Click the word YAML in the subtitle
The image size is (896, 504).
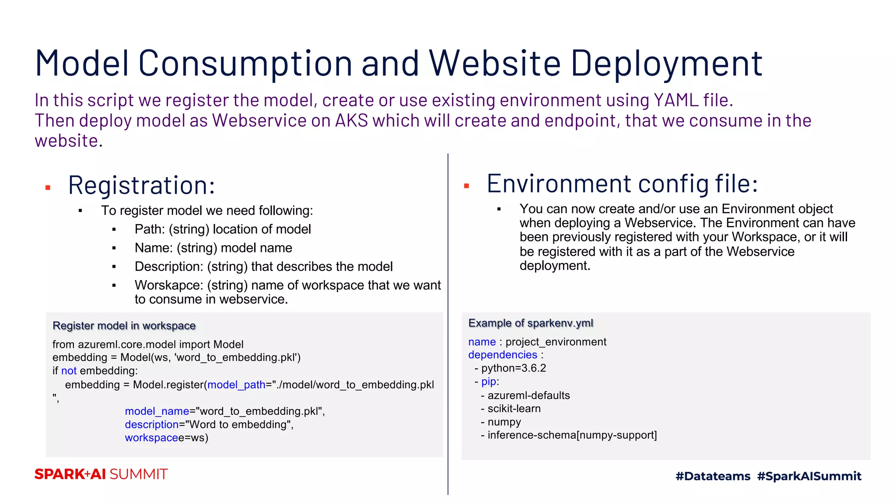676,100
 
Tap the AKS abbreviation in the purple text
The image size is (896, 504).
352,121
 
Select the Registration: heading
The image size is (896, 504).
141,185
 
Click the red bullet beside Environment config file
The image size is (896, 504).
466,186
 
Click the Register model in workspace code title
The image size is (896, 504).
124,325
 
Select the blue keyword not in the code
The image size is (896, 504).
69,371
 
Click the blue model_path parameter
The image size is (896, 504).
236,385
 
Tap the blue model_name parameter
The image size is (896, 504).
157,411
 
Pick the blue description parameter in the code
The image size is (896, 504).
151,424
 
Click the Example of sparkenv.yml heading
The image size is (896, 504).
531,323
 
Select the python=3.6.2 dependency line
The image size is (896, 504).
513,368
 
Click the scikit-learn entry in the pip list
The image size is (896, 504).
514,409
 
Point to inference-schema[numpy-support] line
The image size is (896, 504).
572,435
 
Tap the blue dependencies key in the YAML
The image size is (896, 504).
502,355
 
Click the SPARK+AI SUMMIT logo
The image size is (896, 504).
101,474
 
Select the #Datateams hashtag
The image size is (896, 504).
713,476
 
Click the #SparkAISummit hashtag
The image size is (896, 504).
809,476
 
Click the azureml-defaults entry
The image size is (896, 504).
528,395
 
